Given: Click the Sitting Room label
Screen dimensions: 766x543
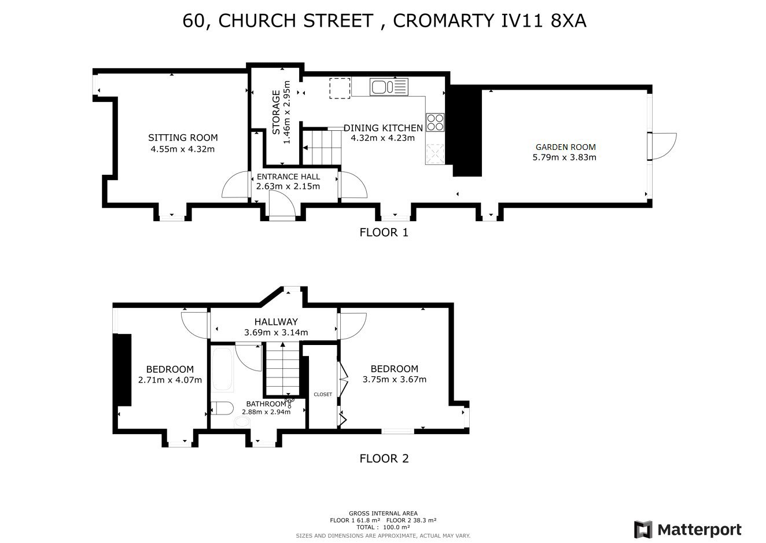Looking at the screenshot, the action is click(x=183, y=138).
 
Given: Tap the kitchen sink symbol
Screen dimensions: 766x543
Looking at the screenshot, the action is click(x=389, y=87).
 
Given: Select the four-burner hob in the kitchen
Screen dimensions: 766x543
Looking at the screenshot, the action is click(x=435, y=123).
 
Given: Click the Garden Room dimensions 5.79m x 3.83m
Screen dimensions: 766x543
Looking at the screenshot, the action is click(x=564, y=157).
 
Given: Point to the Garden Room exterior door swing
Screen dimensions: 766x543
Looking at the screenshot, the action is click(x=664, y=146).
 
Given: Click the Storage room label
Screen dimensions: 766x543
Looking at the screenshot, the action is click(x=277, y=112).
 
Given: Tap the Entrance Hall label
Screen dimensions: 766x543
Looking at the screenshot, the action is click(x=288, y=177).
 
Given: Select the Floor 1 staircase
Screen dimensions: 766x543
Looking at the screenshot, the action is click(x=322, y=148).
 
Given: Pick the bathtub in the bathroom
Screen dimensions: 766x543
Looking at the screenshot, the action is click(x=222, y=370).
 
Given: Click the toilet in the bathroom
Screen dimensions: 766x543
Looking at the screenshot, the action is click(x=222, y=408).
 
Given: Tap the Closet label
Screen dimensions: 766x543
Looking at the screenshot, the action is click(x=323, y=394).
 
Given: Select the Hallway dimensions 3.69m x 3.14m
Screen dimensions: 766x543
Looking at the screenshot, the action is click(x=276, y=332).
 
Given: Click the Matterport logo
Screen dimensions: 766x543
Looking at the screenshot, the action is click(x=688, y=530).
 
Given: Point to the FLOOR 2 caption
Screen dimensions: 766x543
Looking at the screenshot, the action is click(x=384, y=458).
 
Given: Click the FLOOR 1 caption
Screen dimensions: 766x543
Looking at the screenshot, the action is click(x=384, y=232).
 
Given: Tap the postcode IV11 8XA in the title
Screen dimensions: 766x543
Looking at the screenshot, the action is click(x=544, y=20).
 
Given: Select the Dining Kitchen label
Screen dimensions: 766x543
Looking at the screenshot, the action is click(x=383, y=128).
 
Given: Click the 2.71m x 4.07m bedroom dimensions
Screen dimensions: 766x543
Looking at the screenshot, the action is click(x=170, y=380).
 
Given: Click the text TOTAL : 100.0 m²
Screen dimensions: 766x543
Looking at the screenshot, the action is click(x=383, y=527).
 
